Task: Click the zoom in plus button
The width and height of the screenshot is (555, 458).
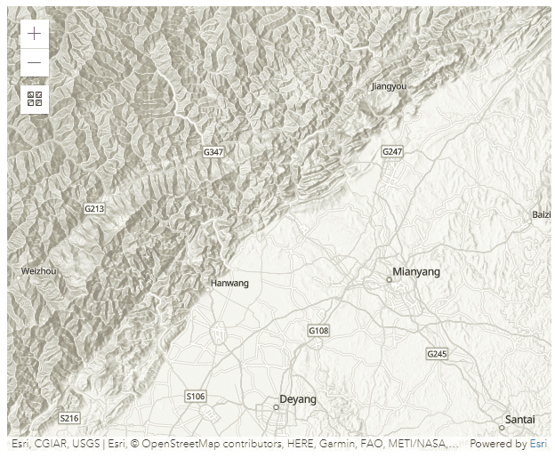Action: pyautogui.click(x=34, y=34)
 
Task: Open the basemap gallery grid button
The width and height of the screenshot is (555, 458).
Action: pyautogui.click(x=34, y=99)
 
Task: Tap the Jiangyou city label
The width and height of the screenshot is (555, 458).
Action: pyautogui.click(x=389, y=86)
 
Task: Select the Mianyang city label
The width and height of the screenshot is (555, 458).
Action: pyautogui.click(x=416, y=271)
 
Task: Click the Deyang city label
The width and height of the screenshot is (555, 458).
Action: pyautogui.click(x=297, y=399)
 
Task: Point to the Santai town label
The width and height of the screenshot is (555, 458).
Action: pyautogui.click(x=519, y=419)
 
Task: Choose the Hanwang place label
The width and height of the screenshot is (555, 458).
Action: pyautogui.click(x=229, y=283)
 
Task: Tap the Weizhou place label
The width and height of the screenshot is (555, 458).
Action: pyautogui.click(x=38, y=270)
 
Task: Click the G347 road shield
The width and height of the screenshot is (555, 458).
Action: pyautogui.click(x=213, y=152)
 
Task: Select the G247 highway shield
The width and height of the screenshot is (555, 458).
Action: pyautogui.click(x=392, y=152)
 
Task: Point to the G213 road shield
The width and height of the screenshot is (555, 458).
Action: pyautogui.click(x=94, y=208)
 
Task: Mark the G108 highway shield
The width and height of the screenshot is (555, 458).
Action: pyautogui.click(x=318, y=331)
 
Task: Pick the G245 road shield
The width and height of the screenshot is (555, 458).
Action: pyautogui.click(x=437, y=354)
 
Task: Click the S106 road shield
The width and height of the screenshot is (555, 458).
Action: pyautogui.click(x=196, y=396)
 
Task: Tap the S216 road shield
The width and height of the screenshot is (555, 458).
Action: pyautogui.click(x=69, y=418)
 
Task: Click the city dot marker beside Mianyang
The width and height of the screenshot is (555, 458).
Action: pyautogui.click(x=389, y=279)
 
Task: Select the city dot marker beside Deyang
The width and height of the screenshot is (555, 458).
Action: pyautogui.click(x=276, y=407)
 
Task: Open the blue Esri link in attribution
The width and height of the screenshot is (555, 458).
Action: pyautogui.click(x=538, y=444)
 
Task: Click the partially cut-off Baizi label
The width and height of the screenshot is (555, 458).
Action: pyautogui.click(x=542, y=214)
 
